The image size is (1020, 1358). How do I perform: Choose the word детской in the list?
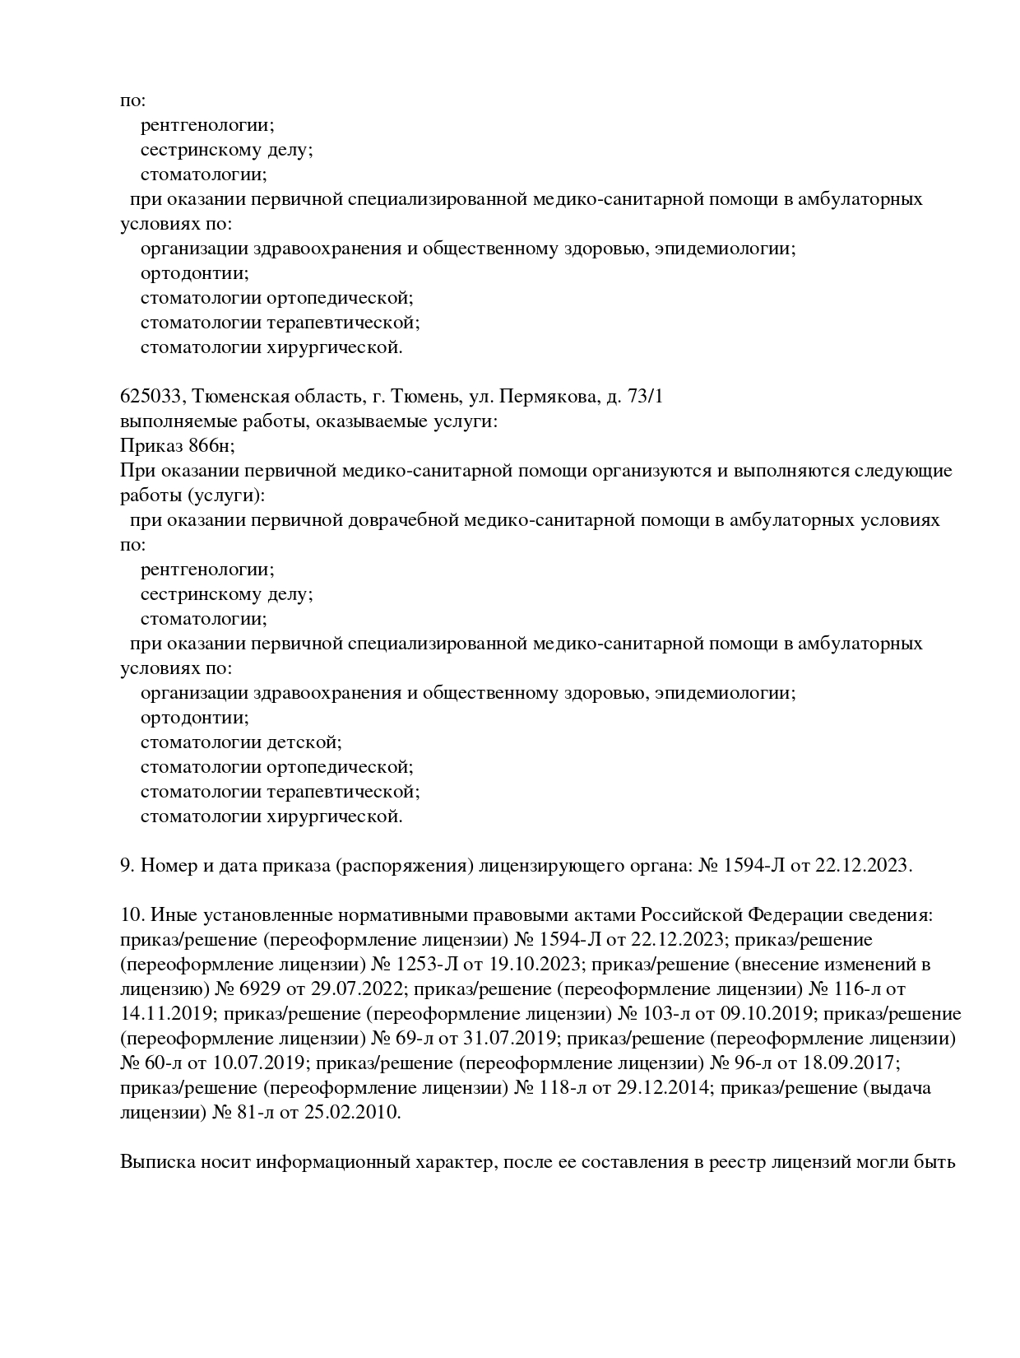[x=304, y=742]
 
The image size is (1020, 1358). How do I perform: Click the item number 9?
[x=127, y=866]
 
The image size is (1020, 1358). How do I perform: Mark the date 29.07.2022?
[x=342, y=989]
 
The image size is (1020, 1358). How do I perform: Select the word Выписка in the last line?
[x=157, y=1162]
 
